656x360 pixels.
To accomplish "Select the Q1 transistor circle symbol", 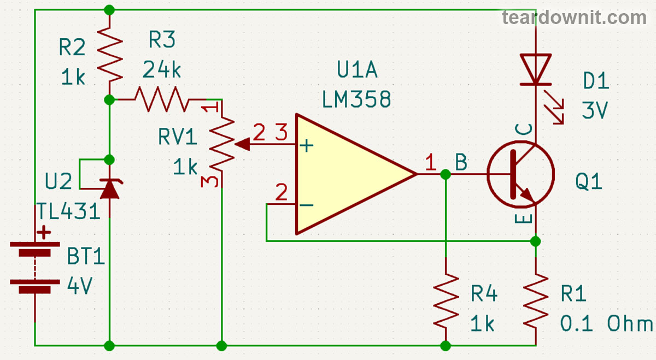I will (520, 175).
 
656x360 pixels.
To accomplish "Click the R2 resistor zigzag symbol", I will (109, 55).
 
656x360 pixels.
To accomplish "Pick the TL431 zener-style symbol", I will (109, 188).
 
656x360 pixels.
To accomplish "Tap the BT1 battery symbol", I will (36, 268).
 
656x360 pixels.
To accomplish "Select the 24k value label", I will (161, 69).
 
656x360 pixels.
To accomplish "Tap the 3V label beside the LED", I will (595, 111).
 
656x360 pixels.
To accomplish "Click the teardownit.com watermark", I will (574, 17).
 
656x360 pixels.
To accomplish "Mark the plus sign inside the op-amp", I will (308, 146).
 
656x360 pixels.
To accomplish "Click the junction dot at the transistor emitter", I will (536, 240).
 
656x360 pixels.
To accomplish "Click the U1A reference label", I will (358, 71).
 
